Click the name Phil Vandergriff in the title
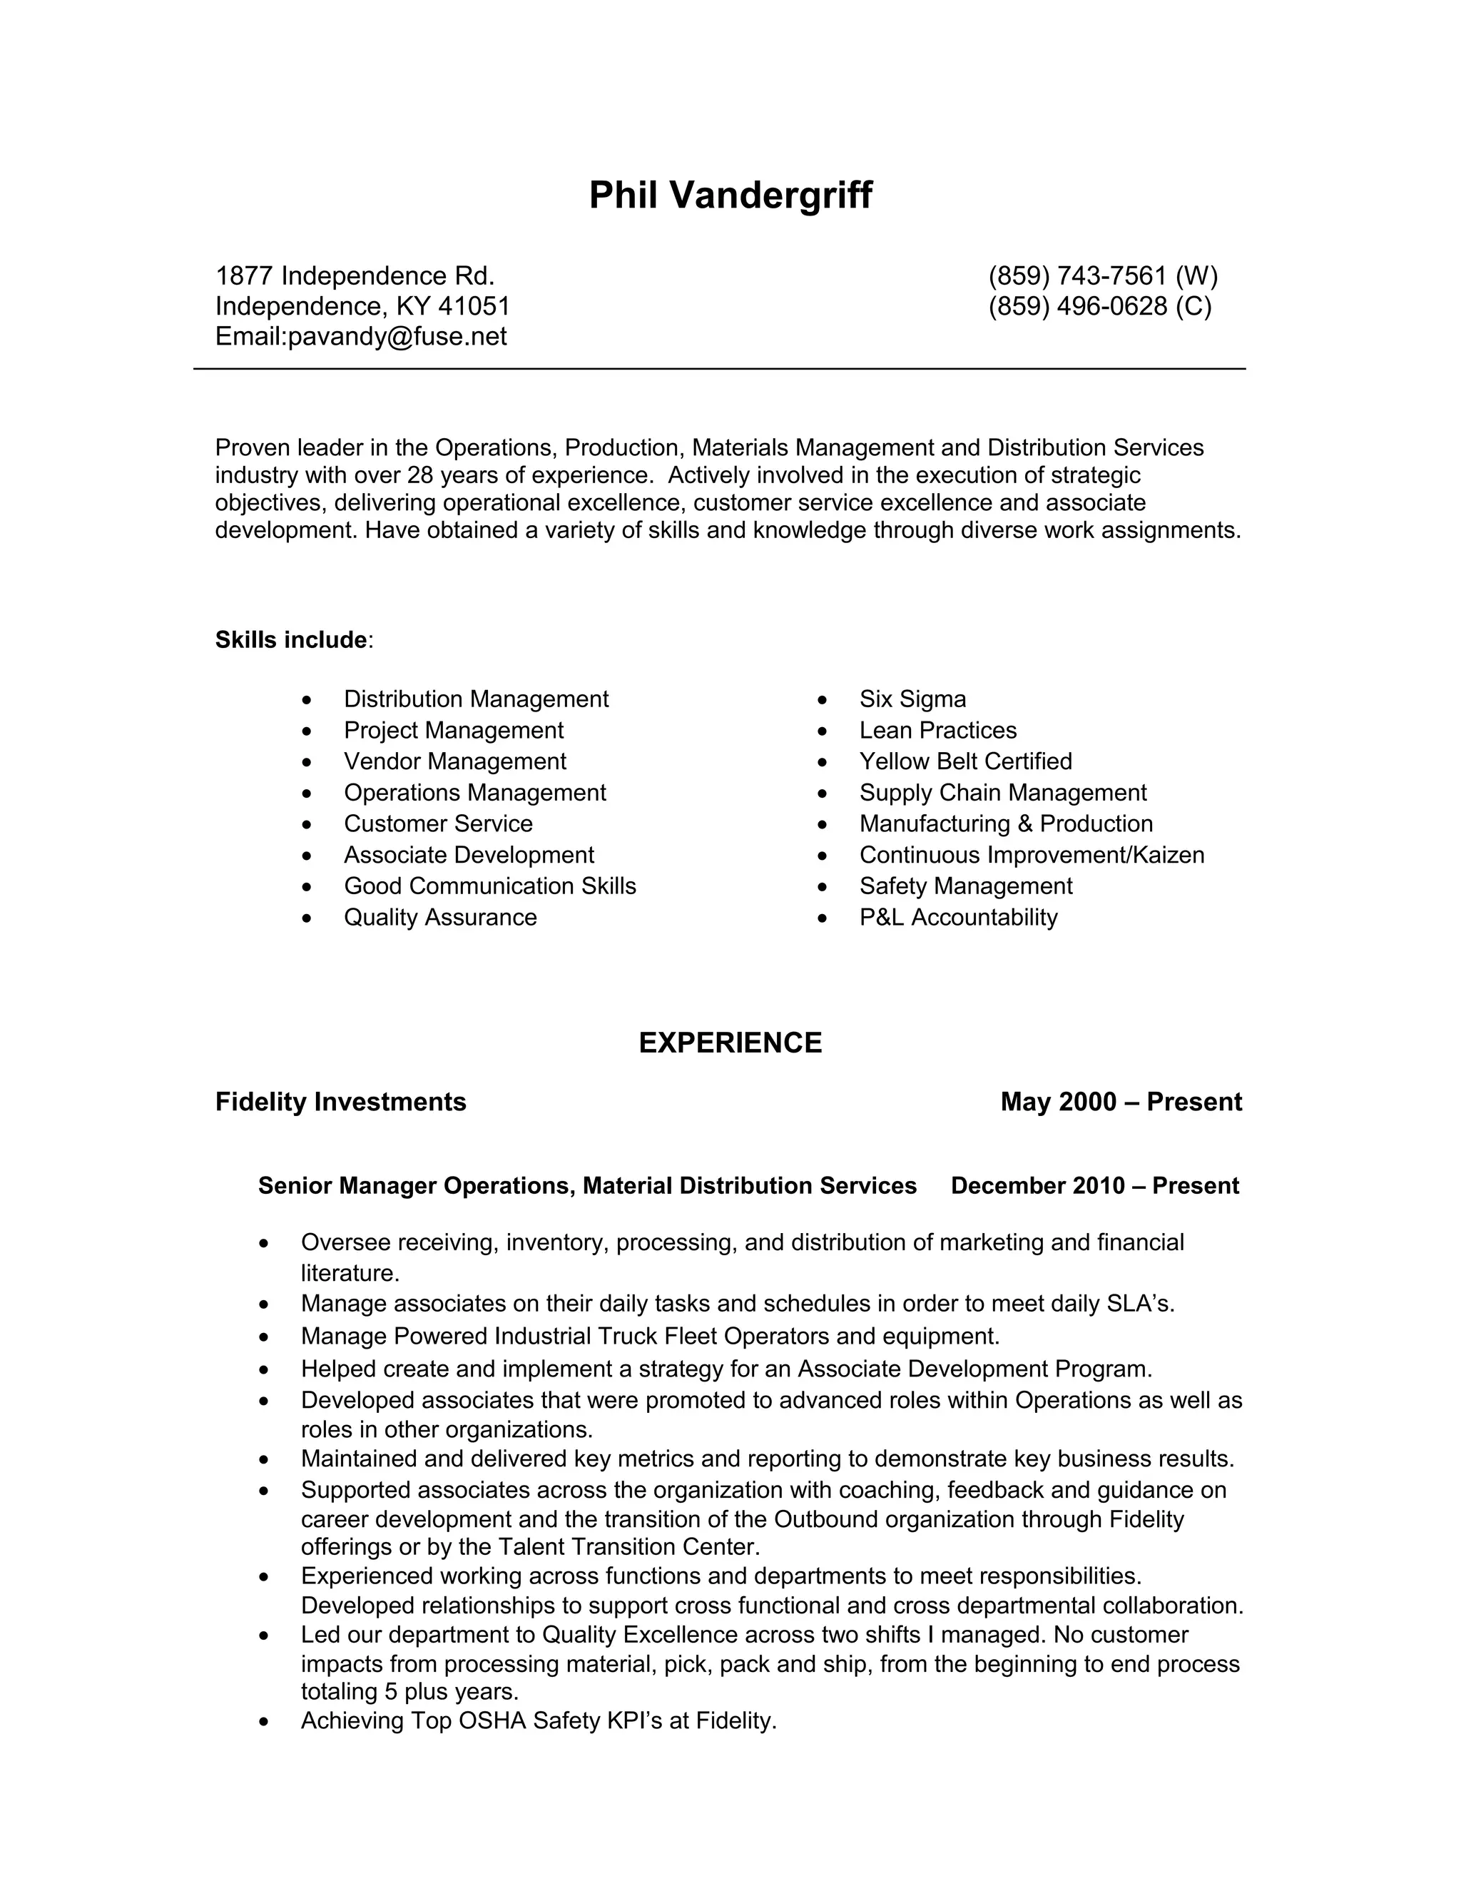coord(730,196)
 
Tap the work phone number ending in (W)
coord(1101,276)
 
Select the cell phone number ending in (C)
coord(1099,307)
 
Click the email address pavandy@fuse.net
coord(397,337)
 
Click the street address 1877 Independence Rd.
coord(355,276)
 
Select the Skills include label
coord(291,640)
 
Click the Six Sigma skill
coord(912,699)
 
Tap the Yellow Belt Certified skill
coord(965,761)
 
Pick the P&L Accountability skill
coord(958,917)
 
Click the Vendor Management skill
coord(454,761)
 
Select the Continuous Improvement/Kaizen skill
coord(1031,855)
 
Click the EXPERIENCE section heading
coord(730,1043)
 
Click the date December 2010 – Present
coord(1094,1185)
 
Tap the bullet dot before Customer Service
coord(307,824)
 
